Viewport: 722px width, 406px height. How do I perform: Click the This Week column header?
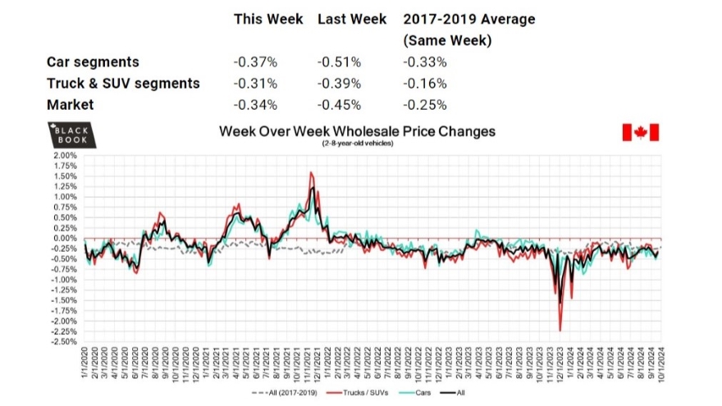click(x=268, y=19)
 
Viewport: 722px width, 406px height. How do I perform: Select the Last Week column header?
click(x=352, y=19)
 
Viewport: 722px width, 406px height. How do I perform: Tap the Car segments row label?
click(x=93, y=62)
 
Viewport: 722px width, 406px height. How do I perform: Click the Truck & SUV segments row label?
click(x=123, y=84)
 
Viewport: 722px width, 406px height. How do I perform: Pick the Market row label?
click(x=70, y=104)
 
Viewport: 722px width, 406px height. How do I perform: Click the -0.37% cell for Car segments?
click(x=255, y=62)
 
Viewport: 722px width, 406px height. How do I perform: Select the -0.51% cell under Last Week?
click(x=339, y=62)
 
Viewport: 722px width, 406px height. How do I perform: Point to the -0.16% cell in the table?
click(x=424, y=84)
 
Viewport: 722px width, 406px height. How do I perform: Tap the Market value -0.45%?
click(x=339, y=104)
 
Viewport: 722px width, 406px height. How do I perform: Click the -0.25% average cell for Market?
click(x=424, y=104)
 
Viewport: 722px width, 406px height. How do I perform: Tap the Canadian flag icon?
click(x=642, y=133)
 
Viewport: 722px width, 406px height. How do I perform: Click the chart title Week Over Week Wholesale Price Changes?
click(x=357, y=131)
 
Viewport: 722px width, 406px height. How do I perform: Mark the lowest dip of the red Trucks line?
click(x=560, y=331)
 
